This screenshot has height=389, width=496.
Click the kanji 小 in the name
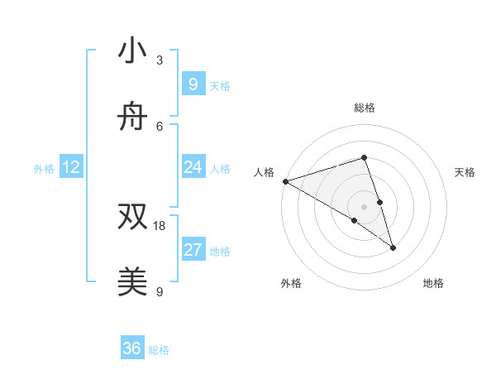[x=132, y=51]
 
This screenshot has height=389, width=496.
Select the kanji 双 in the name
[x=132, y=217]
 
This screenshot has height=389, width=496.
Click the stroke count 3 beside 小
[x=160, y=60]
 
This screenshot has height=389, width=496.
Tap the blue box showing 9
[x=193, y=84]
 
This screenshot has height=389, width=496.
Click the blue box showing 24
[x=193, y=167]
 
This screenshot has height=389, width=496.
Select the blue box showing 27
[x=193, y=250]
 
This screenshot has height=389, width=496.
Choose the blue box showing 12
[x=71, y=168]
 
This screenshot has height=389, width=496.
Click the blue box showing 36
[x=132, y=349]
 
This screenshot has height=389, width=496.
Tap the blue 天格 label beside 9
[x=220, y=85]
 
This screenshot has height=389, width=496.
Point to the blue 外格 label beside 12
[x=44, y=169]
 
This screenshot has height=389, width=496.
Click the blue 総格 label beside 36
[x=159, y=350]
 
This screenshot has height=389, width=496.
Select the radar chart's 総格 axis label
[x=364, y=108]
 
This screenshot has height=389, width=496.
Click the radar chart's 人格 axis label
[x=264, y=172]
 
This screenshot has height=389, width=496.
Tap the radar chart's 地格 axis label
[x=433, y=284]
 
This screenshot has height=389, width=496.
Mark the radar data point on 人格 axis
[x=285, y=181]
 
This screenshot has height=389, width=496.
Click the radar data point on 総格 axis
[x=364, y=157]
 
